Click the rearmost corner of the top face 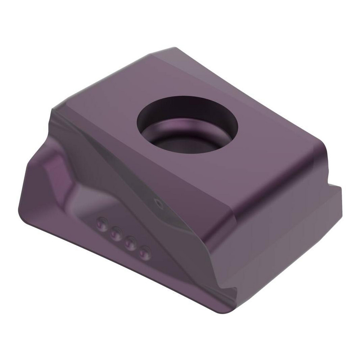[175, 48]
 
